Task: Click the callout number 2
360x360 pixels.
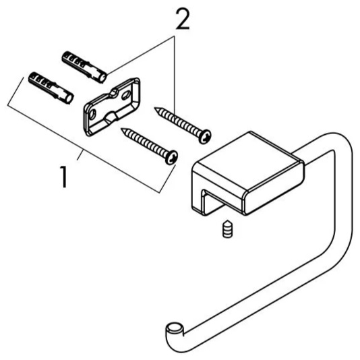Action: [183, 20]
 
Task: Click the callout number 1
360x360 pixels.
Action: [63, 177]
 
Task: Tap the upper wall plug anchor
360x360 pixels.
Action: [84, 67]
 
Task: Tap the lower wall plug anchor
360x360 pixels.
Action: [51, 88]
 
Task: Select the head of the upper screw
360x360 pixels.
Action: [205, 136]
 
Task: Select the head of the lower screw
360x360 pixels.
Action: [171, 157]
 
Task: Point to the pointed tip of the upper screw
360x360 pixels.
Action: [155, 108]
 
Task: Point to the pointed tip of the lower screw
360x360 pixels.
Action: [122, 129]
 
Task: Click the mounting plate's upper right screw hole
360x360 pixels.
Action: [126, 95]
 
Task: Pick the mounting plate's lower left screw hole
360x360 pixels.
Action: [92, 114]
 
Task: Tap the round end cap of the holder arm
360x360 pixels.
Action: [175, 328]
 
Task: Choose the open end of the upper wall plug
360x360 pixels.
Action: [102, 78]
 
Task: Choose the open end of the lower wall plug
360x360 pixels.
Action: [69, 98]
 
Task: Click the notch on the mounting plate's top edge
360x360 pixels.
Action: [114, 93]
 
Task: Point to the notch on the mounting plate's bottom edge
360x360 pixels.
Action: [111, 117]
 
